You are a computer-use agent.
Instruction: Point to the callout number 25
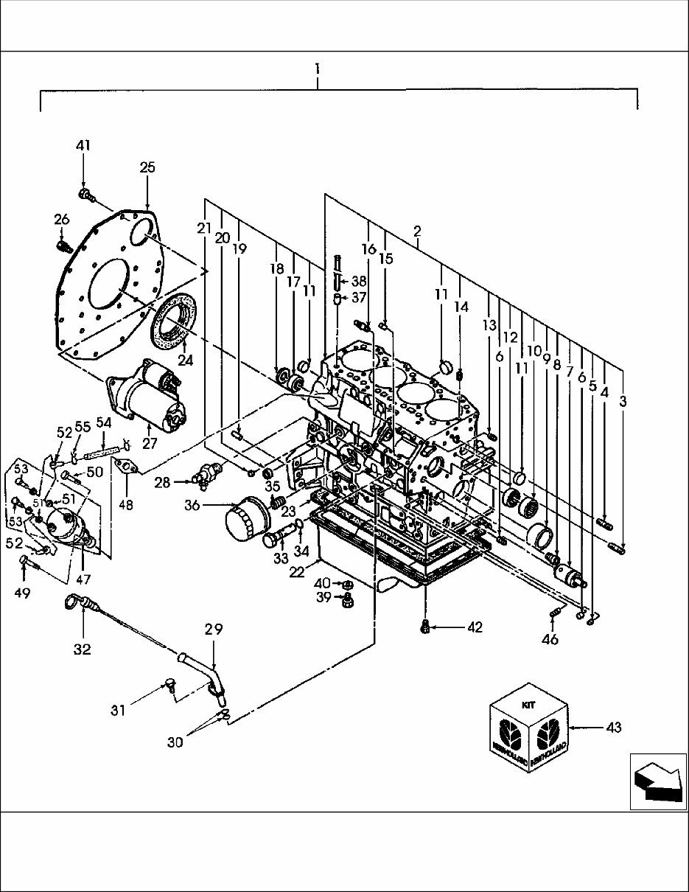coord(147,168)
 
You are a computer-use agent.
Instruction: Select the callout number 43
coord(612,728)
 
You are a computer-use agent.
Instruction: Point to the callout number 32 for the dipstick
coord(82,649)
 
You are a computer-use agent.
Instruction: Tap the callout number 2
coord(417,231)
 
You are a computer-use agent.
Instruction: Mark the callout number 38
coord(358,281)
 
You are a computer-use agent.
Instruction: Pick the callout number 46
coord(550,639)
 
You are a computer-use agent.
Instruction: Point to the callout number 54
coord(103,422)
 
